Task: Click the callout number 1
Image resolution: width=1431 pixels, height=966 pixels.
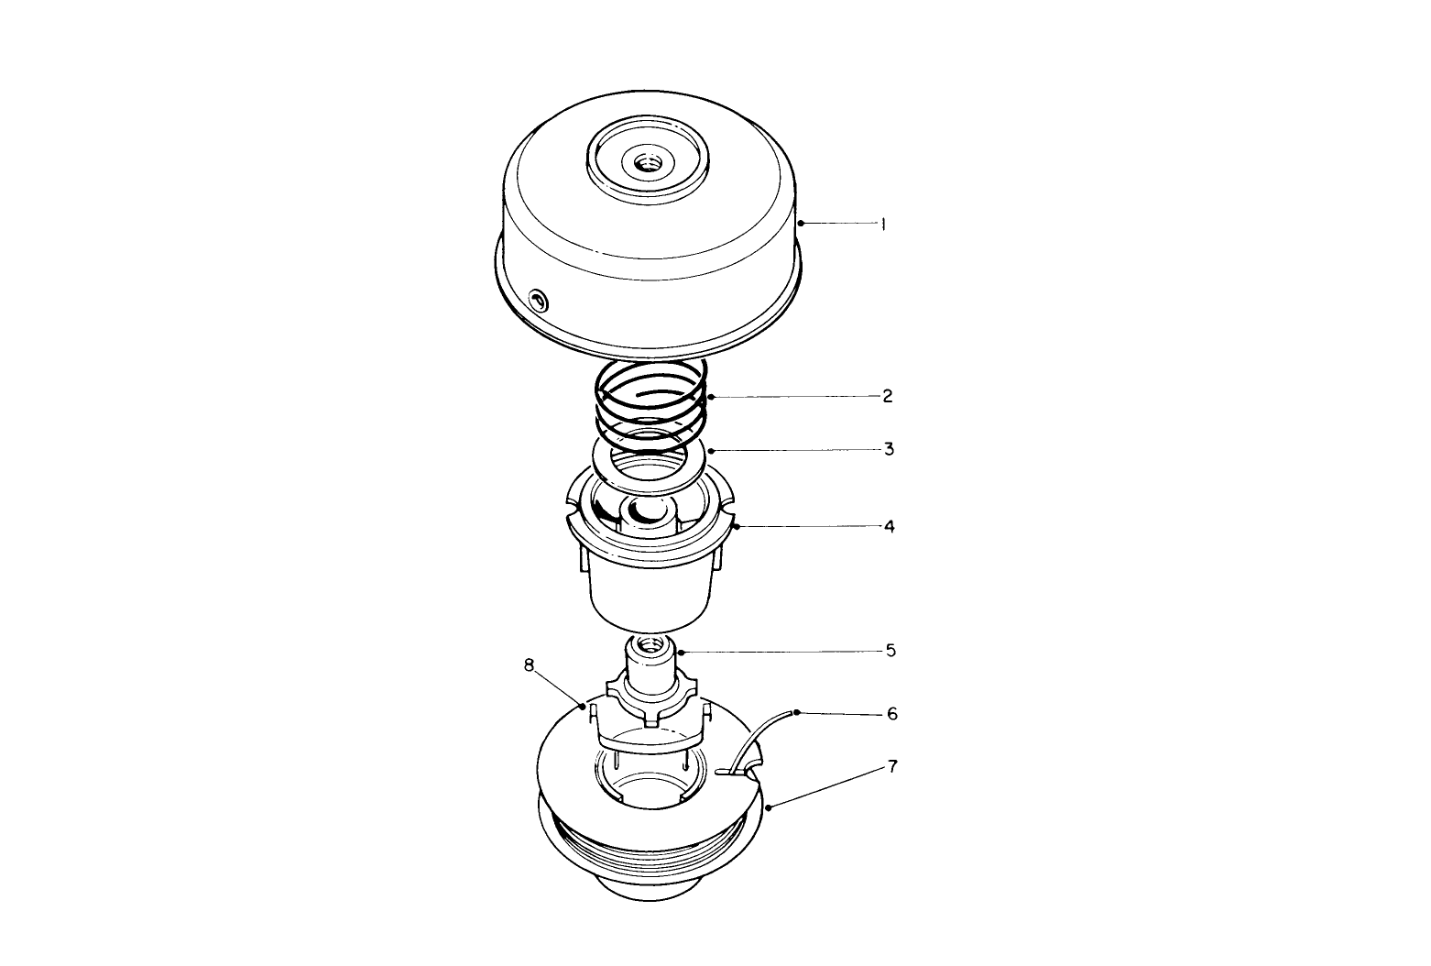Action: [x=883, y=224]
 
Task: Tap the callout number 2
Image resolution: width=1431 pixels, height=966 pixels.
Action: [x=887, y=397]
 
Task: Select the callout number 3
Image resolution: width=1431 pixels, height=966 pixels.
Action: [x=889, y=450]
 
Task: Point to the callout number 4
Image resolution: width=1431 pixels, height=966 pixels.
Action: [x=889, y=527]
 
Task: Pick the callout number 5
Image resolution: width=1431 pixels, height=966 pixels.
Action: [x=890, y=651]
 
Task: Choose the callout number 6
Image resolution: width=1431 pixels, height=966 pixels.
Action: [x=892, y=713]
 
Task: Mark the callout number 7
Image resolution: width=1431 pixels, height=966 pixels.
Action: [x=892, y=766]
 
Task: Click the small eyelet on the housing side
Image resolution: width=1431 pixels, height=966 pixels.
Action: [x=538, y=298]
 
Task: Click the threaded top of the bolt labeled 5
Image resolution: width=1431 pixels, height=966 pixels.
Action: [x=650, y=644]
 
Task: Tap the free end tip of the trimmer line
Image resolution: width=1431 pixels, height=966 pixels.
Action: [x=796, y=712]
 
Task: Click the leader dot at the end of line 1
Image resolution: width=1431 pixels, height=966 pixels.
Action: [x=800, y=223]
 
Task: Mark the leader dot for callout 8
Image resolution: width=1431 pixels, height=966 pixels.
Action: [x=583, y=707]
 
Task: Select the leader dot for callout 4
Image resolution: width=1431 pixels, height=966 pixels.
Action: [x=736, y=527]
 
